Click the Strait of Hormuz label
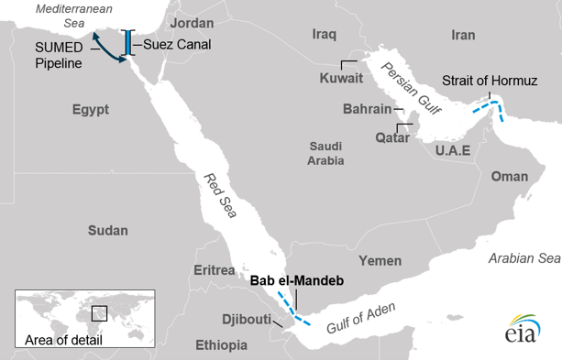tap(489, 81)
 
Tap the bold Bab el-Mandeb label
tap(296, 281)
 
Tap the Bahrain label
tap(367, 109)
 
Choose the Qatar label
tap(366, 137)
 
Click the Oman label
tap(510, 176)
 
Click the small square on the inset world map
tap(99, 312)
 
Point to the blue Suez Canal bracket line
tap(130, 44)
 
